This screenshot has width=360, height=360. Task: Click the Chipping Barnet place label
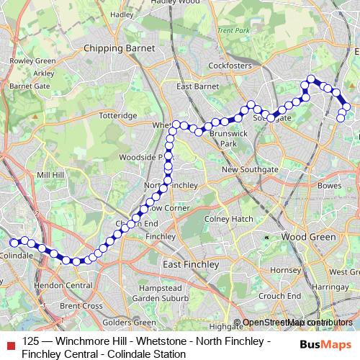click(120, 48)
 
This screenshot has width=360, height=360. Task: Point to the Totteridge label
click(117, 115)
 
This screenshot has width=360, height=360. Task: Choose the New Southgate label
click(249, 169)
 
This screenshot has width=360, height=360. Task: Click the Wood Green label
click(308, 236)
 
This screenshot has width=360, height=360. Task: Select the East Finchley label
click(191, 264)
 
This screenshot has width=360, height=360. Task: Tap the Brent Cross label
click(81, 305)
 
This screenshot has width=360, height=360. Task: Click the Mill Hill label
click(50, 175)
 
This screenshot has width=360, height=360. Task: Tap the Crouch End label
click(279, 296)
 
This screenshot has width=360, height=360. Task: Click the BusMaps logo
click(325, 344)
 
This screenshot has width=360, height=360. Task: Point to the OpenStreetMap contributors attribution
click(297, 323)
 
